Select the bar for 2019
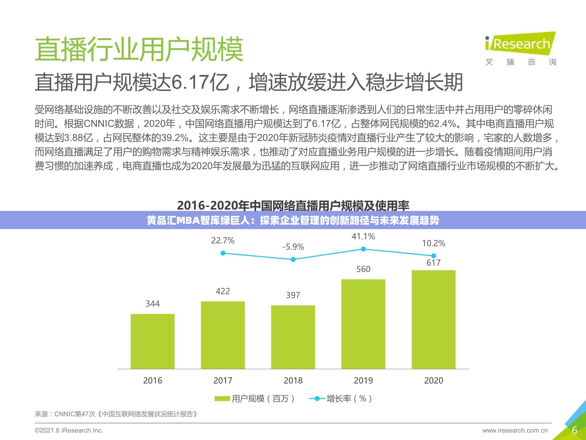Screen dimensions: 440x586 click(363, 324)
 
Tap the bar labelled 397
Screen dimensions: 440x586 click(293, 337)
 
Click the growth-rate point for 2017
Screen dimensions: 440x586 click(223, 253)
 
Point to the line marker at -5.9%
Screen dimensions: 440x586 click(293, 260)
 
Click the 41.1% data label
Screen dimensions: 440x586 click(363, 236)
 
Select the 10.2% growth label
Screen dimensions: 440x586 click(433, 243)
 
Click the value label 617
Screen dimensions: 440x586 click(433, 263)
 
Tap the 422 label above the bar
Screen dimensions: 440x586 click(223, 291)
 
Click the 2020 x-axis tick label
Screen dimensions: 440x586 click(433, 380)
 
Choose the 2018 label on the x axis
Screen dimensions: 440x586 click(293, 380)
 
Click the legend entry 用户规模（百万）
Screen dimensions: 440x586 click(255, 399)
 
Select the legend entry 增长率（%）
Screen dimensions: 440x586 click(341, 399)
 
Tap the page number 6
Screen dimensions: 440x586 click(575, 430)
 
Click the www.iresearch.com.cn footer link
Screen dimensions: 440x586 click(515, 431)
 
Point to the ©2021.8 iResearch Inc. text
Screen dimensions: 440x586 click(69, 430)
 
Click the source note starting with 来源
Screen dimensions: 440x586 click(116, 414)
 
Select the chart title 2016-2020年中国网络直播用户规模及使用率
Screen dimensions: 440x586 click(293, 205)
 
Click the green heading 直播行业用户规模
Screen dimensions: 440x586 click(139, 49)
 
